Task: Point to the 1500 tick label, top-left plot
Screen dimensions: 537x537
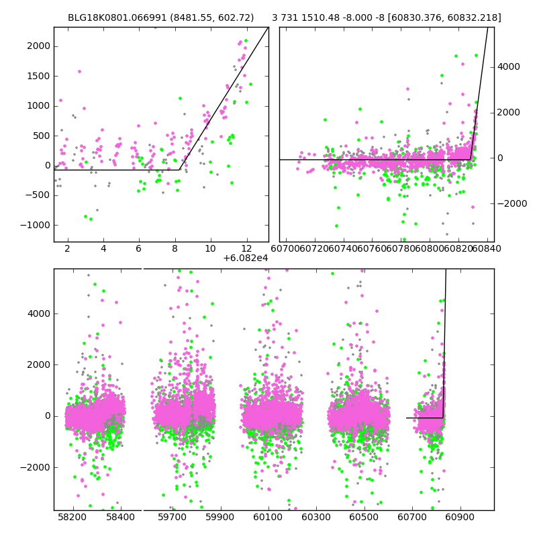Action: coord(38,76)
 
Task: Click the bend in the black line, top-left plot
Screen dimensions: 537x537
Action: coord(180,169)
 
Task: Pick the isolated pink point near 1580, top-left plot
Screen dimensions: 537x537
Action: coord(79,71)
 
